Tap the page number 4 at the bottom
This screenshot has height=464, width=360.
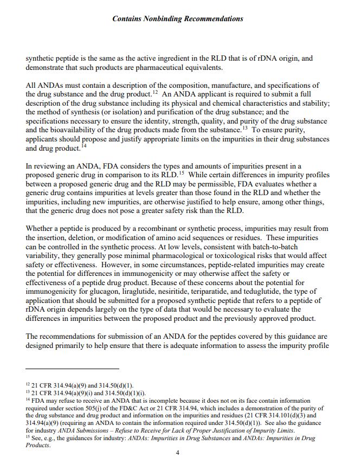pyautogui.click(x=177, y=453)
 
